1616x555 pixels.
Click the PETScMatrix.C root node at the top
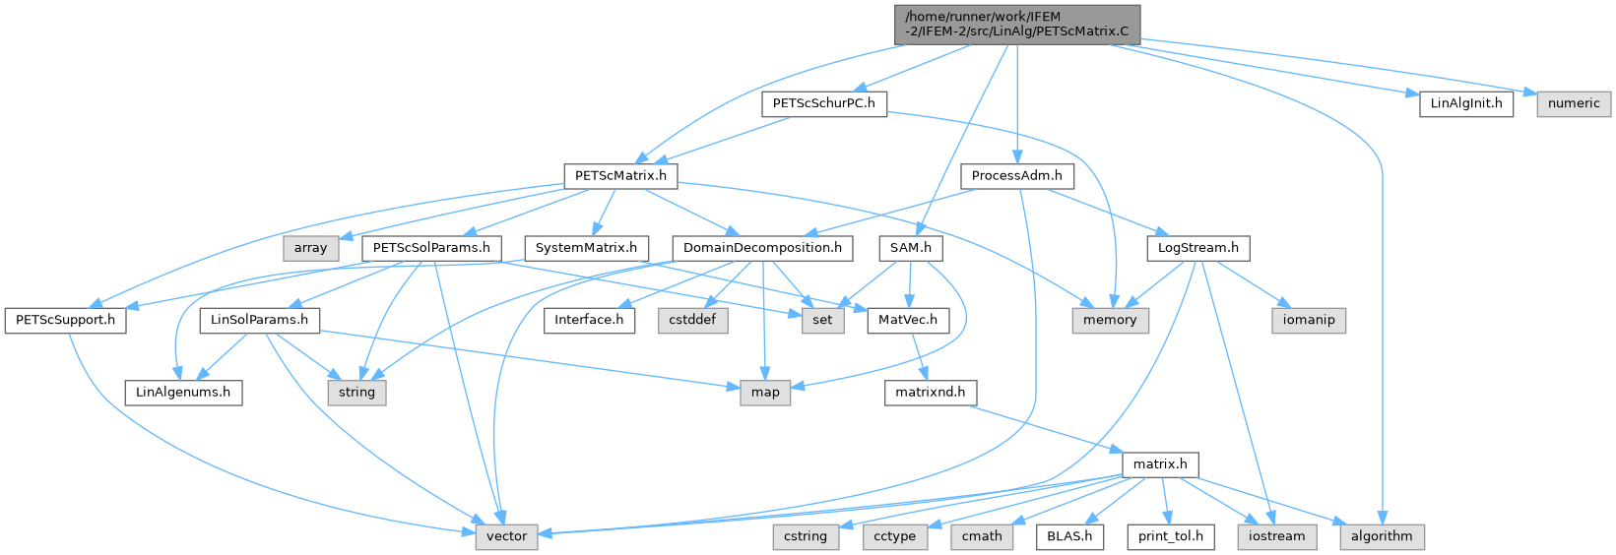1017,25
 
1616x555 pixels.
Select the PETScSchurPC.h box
824,103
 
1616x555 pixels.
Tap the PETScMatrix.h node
621,176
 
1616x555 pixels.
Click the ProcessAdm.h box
1017,176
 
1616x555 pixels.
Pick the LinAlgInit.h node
1466,103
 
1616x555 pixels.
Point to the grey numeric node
1575,103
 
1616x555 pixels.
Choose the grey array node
311,248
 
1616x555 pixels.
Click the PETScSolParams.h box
431,248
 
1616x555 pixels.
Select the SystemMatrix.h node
587,248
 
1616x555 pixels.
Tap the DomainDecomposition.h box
762,248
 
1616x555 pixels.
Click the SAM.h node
911,248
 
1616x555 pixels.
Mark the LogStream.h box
1198,248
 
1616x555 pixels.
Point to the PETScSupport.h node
66,320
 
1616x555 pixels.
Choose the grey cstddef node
692,320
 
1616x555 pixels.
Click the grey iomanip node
1309,320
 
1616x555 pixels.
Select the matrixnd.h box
931,393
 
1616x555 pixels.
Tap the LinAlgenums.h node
183,393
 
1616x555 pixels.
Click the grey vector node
506,537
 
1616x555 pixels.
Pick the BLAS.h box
1069,537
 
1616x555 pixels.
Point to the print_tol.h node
1171,537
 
